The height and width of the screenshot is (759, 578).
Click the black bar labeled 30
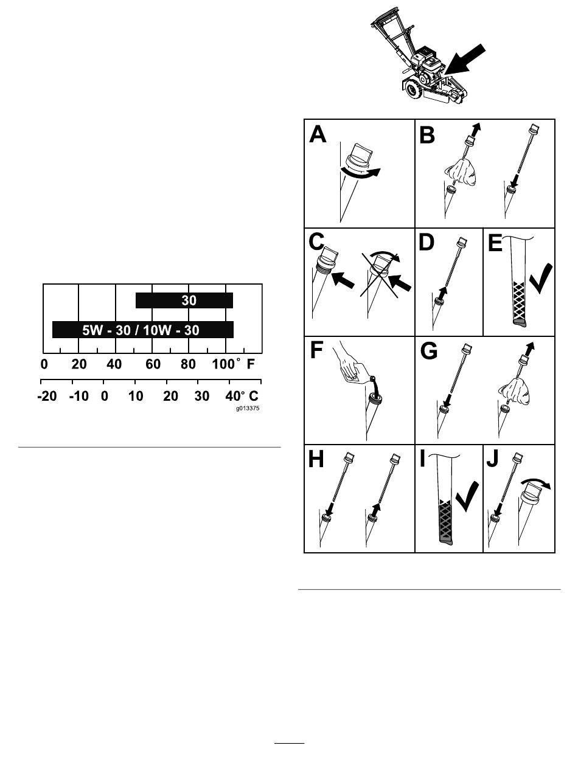184,300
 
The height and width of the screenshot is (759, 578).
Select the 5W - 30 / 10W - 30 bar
143,330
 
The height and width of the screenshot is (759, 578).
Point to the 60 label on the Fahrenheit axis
153,364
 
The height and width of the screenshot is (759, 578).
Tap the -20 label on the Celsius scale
47,396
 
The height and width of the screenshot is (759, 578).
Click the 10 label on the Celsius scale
135,396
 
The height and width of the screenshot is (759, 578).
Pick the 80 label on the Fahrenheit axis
188,364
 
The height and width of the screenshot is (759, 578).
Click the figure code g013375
248,408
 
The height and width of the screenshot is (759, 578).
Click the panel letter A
318,134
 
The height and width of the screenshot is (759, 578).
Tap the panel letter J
493,460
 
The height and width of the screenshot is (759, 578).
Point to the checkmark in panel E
541,279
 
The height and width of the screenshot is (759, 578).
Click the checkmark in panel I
467,496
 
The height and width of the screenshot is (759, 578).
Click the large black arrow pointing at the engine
465,59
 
